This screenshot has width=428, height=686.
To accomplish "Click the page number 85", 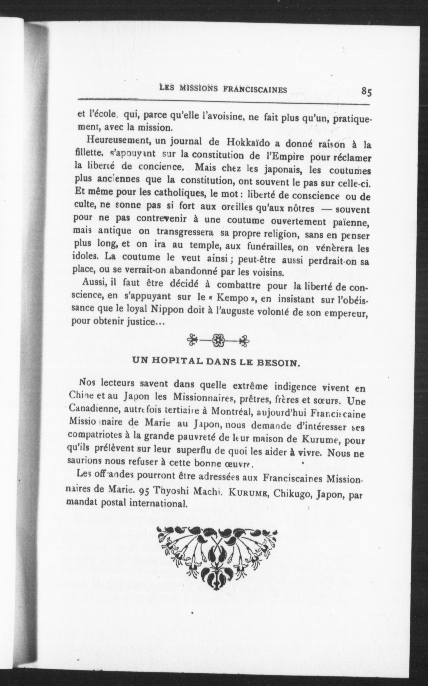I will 366,92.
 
